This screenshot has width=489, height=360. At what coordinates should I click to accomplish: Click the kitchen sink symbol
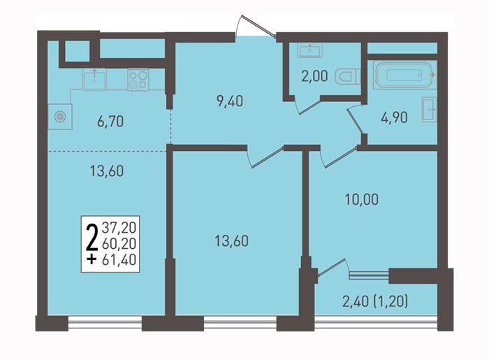tap(94, 80)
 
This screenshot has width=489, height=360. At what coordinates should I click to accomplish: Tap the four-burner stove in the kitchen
tap(138, 80)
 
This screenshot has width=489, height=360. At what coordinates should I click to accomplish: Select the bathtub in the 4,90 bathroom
tap(404, 75)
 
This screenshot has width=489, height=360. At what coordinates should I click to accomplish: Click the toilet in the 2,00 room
tap(348, 77)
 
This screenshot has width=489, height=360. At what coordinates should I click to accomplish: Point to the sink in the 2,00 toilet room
tap(309, 50)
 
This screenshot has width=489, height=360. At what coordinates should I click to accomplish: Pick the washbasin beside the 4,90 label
tap(430, 110)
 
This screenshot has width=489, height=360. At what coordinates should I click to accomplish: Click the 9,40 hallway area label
tap(230, 101)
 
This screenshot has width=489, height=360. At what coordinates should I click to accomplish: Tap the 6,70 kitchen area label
tap(110, 122)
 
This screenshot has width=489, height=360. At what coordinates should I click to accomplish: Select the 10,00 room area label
tap(361, 199)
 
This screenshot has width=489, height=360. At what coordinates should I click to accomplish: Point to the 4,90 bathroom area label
tap(394, 117)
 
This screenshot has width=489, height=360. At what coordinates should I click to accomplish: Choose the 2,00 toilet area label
tap(314, 76)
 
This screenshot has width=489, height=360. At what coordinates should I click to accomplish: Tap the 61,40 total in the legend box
tap(119, 259)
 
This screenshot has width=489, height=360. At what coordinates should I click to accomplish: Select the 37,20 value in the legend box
tap(119, 228)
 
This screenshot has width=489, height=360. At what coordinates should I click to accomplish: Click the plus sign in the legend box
tap(92, 259)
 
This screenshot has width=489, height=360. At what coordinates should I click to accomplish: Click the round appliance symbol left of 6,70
tap(60, 117)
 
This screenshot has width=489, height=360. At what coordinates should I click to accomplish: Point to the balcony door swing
tap(333, 268)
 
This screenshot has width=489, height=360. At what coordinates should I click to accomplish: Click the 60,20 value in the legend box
tap(119, 244)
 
